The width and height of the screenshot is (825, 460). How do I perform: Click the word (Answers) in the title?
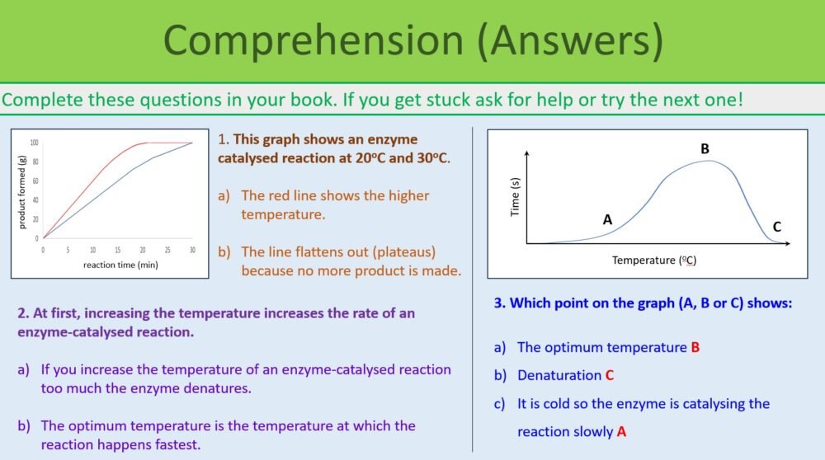coord(570,40)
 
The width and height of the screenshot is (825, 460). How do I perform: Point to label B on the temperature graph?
coord(705,149)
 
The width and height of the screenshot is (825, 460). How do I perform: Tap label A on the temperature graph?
coord(607,219)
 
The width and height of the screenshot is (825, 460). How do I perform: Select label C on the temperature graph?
coord(776,227)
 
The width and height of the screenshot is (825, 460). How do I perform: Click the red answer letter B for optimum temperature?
coord(695,347)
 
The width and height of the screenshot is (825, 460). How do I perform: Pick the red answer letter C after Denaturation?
coord(609,375)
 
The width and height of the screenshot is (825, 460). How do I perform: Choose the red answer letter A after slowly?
coord(621,431)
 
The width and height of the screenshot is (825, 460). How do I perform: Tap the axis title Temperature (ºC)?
coord(654,261)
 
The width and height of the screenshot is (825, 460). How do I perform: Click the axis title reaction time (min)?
coord(120,265)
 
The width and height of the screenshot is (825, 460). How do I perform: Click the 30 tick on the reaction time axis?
coord(191,249)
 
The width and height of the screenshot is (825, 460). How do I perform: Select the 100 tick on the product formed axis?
coord(35,143)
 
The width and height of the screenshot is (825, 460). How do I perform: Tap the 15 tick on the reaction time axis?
coord(117,249)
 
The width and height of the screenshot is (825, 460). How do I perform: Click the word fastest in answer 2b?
coord(172,444)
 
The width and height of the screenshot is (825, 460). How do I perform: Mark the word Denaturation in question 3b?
coord(559,375)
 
